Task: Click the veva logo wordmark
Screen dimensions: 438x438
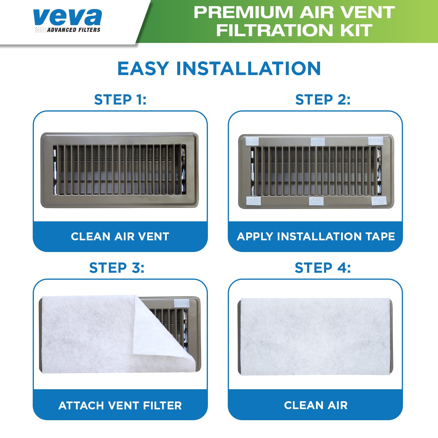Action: tap(67, 17)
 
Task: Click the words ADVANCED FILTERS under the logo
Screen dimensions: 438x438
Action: tap(74, 30)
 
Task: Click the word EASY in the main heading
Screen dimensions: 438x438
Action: tap(143, 69)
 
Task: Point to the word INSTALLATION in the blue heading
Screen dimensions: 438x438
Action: tap(248, 69)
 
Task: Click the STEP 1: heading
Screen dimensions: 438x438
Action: tap(120, 100)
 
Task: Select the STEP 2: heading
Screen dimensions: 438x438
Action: tap(323, 100)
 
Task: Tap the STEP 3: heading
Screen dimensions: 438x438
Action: tap(117, 268)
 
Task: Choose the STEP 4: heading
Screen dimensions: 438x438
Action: tap(323, 268)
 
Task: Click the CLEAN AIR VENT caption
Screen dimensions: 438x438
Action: tap(120, 237)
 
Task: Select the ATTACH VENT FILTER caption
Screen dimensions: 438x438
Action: tap(120, 405)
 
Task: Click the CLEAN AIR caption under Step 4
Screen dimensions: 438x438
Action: tap(316, 405)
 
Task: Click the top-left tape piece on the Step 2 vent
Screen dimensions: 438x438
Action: tap(252, 142)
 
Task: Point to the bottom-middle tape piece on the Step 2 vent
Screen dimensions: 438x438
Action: tap(316, 201)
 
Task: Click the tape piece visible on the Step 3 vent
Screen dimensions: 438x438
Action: tap(182, 303)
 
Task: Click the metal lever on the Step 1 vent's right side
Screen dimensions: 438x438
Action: tap(183, 169)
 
